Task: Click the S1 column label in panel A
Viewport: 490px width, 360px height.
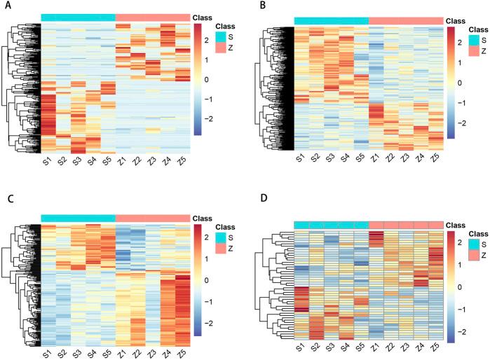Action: (x=48, y=162)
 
